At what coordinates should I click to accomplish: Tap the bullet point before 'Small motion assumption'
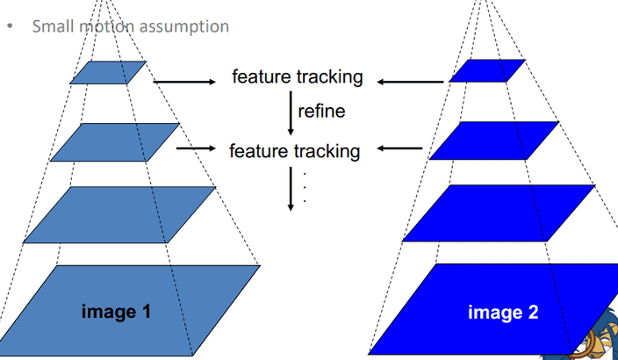coord(10,25)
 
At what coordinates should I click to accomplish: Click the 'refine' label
coord(321,111)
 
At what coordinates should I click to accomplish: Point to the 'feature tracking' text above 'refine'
coord(297,77)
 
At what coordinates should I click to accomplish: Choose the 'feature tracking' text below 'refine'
coord(295,151)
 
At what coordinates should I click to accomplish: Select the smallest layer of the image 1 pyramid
coord(109,72)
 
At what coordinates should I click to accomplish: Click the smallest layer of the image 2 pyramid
coord(487,70)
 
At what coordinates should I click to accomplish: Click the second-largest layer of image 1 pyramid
coord(120,215)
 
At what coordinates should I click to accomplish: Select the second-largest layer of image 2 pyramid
coord(499,213)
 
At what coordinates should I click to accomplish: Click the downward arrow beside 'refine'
coord(290,112)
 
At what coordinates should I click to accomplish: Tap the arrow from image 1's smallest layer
coord(183,82)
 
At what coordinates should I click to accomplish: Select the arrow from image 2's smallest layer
coord(410,82)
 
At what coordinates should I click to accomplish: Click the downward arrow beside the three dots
coord(290,188)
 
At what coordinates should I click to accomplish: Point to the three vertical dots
coord(303,187)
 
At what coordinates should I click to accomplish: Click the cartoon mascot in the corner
coord(596,338)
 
